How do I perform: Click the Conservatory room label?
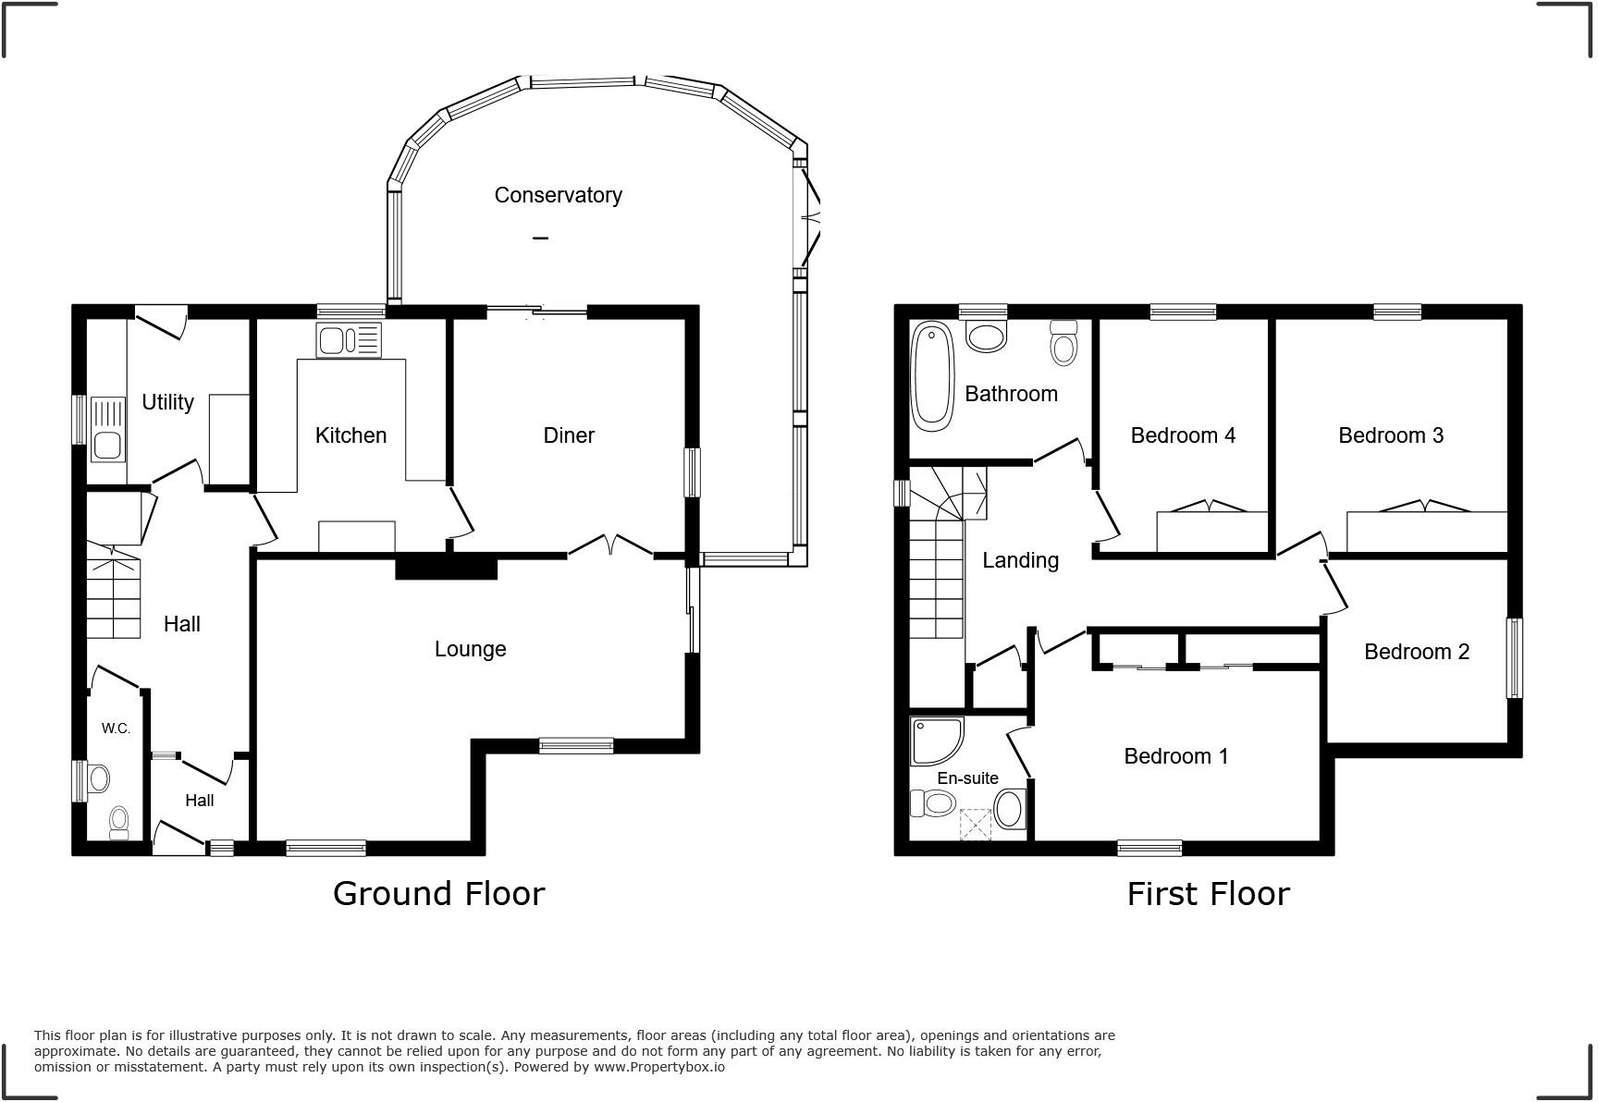click(x=558, y=195)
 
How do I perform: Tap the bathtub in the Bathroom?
click(x=932, y=376)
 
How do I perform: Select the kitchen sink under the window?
click(x=348, y=340)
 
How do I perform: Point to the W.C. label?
click(x=116, y=729)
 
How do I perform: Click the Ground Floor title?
click(x=438, y=893)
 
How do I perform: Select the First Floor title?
click(x=1208, y=893)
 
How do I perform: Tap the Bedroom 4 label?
click(x=1183, y=435)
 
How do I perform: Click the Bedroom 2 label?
click(x=1416, y=652)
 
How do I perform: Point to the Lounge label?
click(x=470, y=649)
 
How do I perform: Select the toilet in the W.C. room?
click(x=119, y=822)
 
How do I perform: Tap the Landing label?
click(x=1020, y=560)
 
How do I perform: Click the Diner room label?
click(x=569, y=435)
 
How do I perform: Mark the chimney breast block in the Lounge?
click(x=447, y=567)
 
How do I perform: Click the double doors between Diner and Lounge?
click(x=610, y=545)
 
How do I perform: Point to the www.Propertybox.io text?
click(x=658, y=1067)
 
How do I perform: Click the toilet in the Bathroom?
click(x=1064, y=344)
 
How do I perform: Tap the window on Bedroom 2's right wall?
click(x=1514, y=657)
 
